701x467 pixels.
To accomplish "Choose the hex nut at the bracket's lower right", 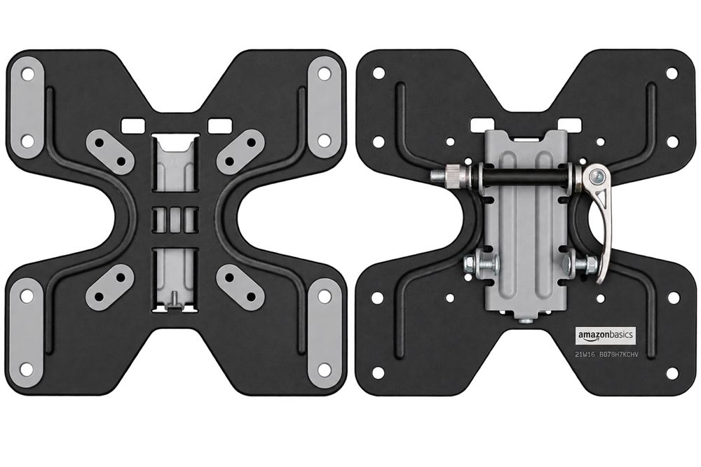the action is click(x=576, y=265).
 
